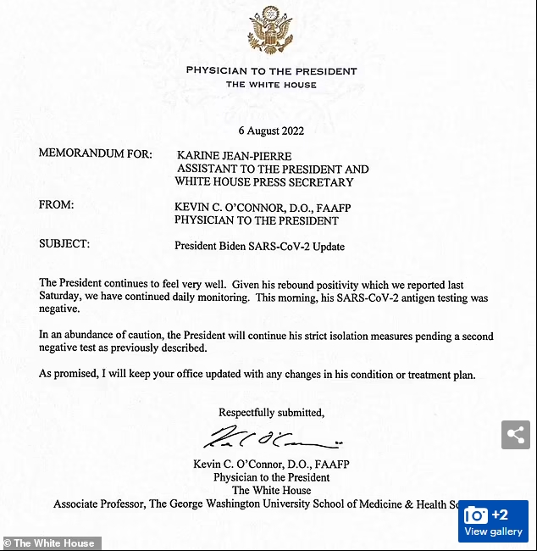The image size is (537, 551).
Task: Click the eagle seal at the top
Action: click(271, 31)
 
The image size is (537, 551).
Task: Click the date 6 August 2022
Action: click(271, 131)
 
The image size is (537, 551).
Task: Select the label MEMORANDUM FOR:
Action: click(96, 154)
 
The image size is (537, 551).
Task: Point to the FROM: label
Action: click(57, 205)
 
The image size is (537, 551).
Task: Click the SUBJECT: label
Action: click(64, 244)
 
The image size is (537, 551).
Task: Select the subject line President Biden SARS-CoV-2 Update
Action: click(260, 246)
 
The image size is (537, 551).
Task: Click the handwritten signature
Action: click(271, 438)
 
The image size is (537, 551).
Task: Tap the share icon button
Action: click(515, 435)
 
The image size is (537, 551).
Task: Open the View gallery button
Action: click(493, 521)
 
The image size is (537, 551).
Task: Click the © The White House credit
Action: click(51, 543)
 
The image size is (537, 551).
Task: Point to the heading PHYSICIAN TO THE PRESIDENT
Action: click(271, 71)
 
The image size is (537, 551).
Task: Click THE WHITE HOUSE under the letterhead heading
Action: click(271, 85)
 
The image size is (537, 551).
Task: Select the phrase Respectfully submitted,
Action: click(271, 413)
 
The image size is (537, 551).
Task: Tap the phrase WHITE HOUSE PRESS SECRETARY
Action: click(264, 181)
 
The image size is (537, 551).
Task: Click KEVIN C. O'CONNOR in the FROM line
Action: click(228, 206)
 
